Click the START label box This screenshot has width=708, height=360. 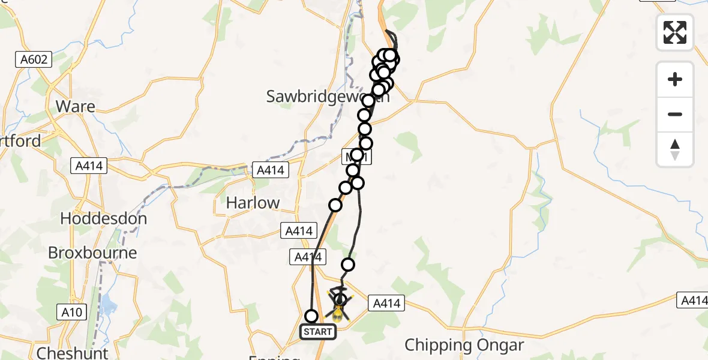tap(318, 331)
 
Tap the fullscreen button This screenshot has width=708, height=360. tap(675, 32)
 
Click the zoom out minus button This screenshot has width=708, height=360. tap(675, 114)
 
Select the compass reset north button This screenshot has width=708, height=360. tap(675, 149)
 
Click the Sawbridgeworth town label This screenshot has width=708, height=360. tap(328, 96)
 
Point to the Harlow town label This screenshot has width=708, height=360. tap(253, 203)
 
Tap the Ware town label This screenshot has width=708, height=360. tap(75, 106)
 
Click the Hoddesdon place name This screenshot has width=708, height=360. tap(103, 218)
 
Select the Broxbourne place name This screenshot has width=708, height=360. tap(92, 253)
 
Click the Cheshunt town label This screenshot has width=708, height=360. tap(72, 352)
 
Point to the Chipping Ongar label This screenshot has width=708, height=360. tap(464, 345)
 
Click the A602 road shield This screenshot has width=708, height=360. tap(34, 59)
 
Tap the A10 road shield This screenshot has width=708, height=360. tap(71, 311)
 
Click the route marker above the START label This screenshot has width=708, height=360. tap(311, 316)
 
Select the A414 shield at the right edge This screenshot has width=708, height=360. tap(693, 299)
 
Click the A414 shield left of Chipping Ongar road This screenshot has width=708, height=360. tap(386, 304)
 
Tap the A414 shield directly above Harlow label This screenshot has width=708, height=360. tap(270, 170)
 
